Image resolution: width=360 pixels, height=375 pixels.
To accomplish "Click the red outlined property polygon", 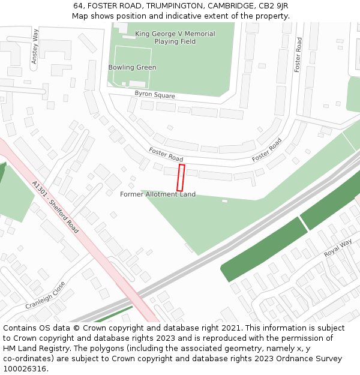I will (180, 178).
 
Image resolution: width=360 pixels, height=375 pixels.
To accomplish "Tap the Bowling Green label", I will (132, 68).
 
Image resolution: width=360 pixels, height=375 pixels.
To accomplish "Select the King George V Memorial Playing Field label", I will (175, 38).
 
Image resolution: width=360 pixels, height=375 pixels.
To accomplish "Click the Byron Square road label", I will (155, 94).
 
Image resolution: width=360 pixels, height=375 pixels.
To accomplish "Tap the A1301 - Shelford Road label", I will (55, 207).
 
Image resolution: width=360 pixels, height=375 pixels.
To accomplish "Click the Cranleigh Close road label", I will (44, 296).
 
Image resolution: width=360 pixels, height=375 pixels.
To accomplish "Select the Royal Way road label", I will (338, 248).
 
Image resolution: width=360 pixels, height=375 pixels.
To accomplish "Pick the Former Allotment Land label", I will (157, 194).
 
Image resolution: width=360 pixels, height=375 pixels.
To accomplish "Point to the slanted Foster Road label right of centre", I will (266, 150).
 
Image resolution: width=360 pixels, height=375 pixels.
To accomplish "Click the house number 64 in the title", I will (79, 5).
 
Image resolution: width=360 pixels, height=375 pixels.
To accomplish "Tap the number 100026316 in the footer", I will (23, 369).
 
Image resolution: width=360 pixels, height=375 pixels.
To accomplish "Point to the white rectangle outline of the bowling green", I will (132, 66).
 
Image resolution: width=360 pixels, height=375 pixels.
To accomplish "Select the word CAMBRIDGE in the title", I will (228, 5).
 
